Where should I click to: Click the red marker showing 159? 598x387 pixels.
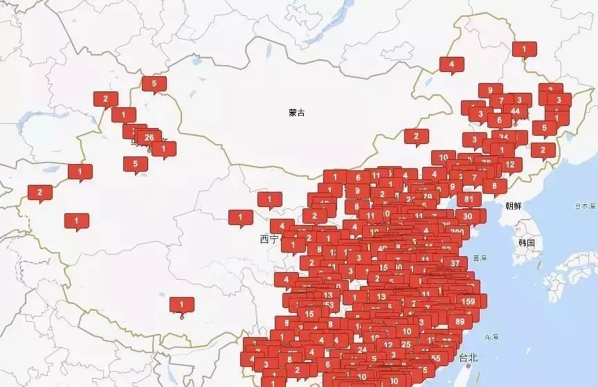(x=469, y=301)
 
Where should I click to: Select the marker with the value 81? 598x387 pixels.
(x=469, y=199)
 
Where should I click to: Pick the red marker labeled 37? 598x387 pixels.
(x=455, y=262)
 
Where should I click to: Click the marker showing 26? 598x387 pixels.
(x=149, y=137)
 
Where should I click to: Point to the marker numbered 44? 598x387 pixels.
(x=515, y=111)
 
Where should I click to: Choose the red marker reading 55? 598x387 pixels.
(x=435, y=358)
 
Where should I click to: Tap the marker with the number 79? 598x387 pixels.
(x=427, y=196)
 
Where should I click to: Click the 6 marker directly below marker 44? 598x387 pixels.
(x=499, y=120)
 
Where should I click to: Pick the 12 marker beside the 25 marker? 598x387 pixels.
(x=388, y=344)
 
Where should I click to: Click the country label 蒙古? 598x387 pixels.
(x=297, y=113)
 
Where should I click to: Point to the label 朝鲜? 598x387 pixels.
(x=514, y=206)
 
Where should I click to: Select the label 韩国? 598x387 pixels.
(x=527, y=243)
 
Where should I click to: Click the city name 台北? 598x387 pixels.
(x=469, y=357)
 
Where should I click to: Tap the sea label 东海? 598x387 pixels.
(x=491, y=337)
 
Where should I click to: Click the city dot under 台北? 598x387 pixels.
(x=469, y=366)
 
